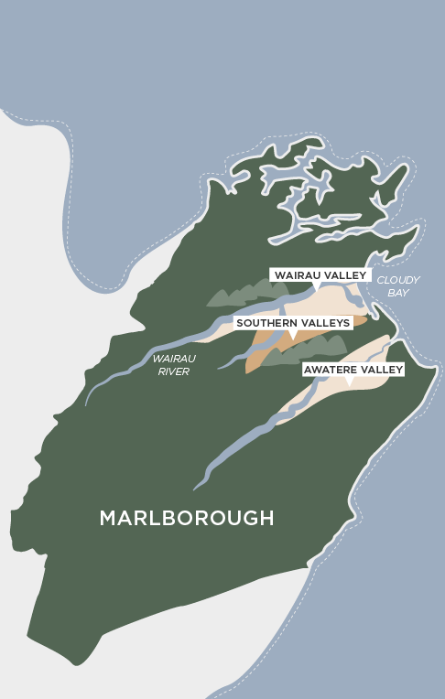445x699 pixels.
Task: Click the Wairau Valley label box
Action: (320, 275)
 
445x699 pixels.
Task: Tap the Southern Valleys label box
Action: (293, 323)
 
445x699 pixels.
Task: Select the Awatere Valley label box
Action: (353, 369)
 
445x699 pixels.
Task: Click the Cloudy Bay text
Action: (398, 285)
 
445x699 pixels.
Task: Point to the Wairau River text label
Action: (171, 365)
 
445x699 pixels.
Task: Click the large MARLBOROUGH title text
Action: (186, 518)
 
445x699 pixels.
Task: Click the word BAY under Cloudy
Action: (398, 293)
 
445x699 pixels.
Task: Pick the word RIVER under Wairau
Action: (171, 371)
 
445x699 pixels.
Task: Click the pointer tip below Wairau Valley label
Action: (317, 288)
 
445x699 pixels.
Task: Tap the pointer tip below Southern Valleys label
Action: (293, 336)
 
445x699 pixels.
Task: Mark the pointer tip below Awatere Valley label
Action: (350, 382)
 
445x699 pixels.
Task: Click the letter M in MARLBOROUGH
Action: (108, 518)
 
